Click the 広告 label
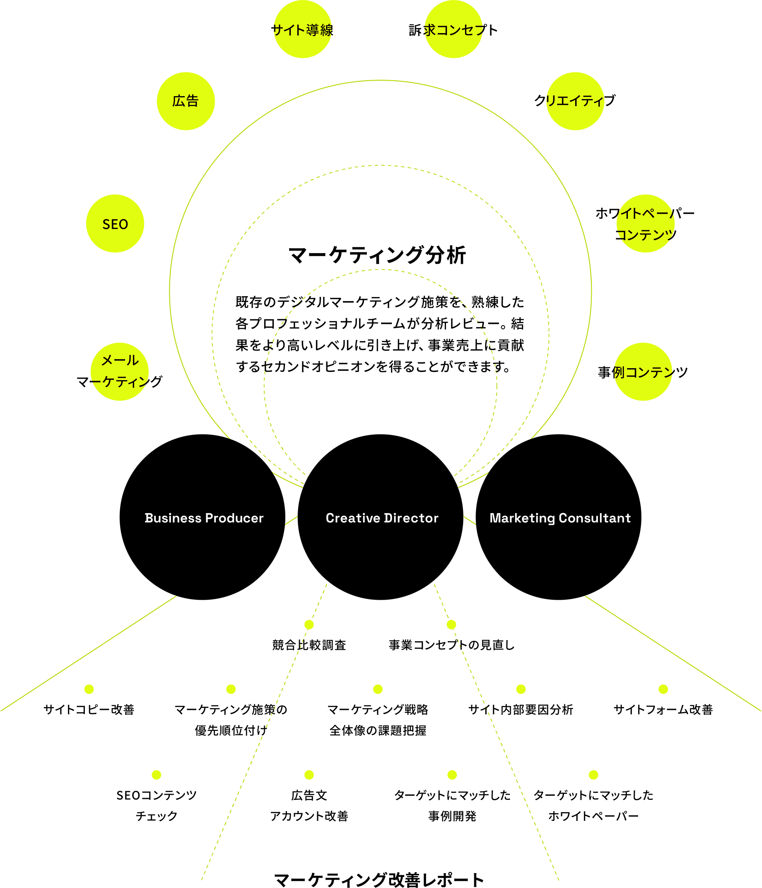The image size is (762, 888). coord(185,101)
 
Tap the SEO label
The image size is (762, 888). coord(115,224)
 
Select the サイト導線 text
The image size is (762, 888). coord(303,30)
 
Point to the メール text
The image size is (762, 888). coord(120,360)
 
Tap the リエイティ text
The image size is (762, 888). coord(574,101)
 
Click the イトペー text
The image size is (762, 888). coord(647,213)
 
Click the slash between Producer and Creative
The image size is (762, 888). coord(292,520)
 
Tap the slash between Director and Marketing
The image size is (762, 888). coord(470,520)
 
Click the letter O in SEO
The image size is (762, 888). coord(123,224)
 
